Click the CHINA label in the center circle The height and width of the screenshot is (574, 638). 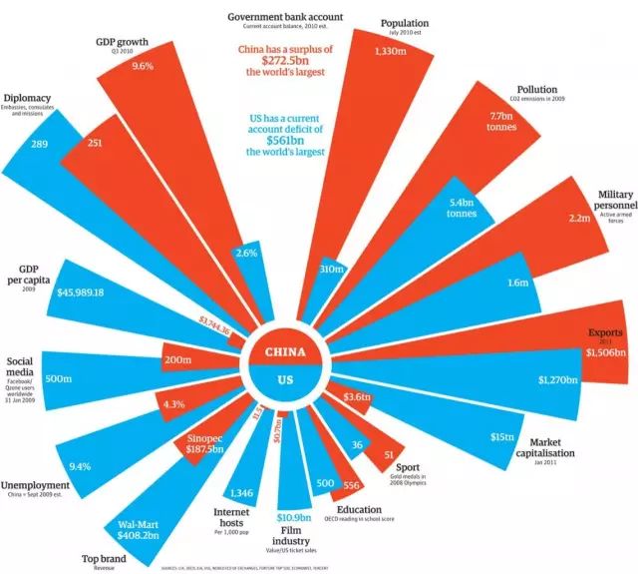click(x=292, y=352)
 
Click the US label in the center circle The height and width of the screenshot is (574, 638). click(x=291, y=379)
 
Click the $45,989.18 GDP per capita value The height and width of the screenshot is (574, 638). click(x=95, y=292)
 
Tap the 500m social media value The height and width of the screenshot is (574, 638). click(x=58, y=378)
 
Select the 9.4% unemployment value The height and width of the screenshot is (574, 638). click(x=80, y=465)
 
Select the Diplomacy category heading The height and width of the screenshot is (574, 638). click(x=31, y=98)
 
